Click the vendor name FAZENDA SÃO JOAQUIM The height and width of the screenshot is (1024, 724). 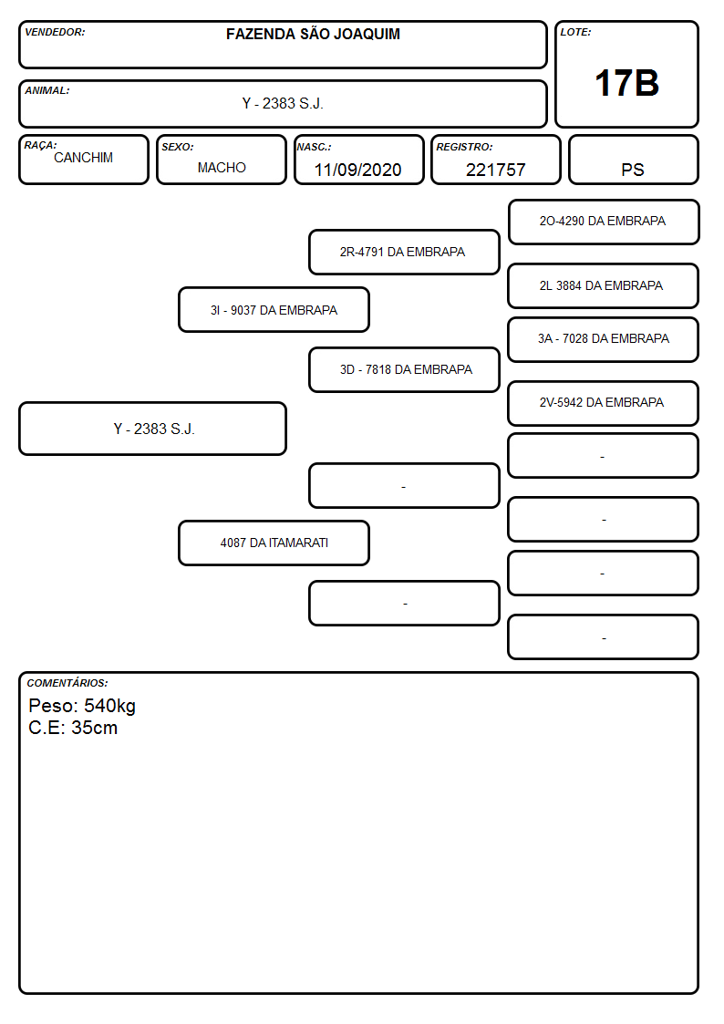coord(313,34)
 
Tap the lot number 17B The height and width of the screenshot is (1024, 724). coord(626,83)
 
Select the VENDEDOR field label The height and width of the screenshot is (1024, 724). coord(55,32)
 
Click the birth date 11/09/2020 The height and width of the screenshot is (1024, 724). coord(357,170)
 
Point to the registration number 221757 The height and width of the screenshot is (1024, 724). coord(495,170)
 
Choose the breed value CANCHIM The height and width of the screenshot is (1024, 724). coord(83,158)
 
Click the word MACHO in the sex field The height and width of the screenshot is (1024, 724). coord(222,168)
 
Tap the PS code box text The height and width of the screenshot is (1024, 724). coord(633,170)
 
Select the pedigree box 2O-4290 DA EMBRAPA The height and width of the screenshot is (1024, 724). coord(604,222)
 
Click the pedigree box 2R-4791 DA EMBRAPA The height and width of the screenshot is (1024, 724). coord(403,252)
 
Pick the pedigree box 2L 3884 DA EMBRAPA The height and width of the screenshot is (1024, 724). coord(604,286)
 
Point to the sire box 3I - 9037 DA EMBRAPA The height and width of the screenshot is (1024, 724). coord(274,310)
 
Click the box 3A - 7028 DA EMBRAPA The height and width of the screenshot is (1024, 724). coord(604,339)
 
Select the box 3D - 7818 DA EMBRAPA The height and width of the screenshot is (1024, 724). coord(403,369)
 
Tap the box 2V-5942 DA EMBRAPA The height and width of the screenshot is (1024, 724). coord(604,403)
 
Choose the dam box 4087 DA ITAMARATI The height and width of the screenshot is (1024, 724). coord(274,543)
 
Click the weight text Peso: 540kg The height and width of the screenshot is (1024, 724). coord(82,706)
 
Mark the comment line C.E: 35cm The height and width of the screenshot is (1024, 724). coord(73,728)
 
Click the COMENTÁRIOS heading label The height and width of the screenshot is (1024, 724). coord(67,683)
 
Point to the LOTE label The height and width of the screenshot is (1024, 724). coord(575,32)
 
